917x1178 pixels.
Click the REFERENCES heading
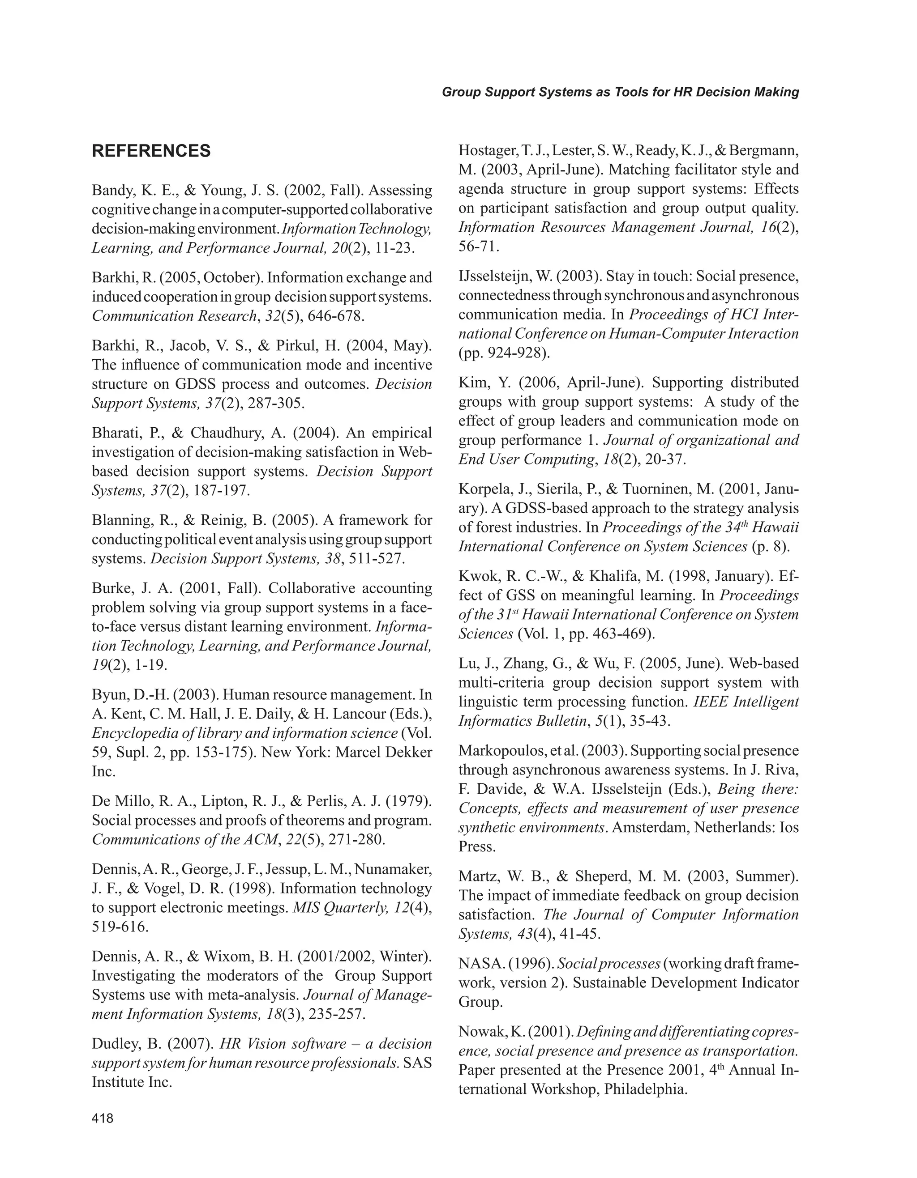(151, 151)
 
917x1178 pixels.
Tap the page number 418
(103, 1118)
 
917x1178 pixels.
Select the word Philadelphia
(645, 1089)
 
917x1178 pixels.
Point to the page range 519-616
(119, 927)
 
